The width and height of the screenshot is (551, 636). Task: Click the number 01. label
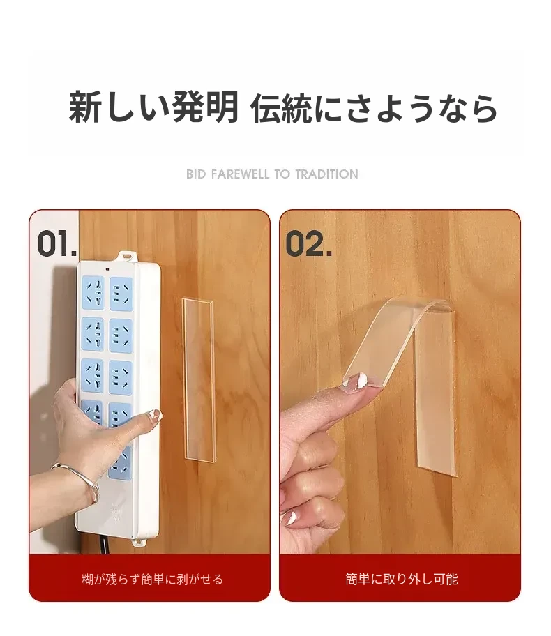point(57,243)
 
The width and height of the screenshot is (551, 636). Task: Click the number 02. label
point(309,243)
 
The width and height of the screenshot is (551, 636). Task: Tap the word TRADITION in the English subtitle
point(326,174)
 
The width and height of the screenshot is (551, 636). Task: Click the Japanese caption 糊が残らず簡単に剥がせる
point(153,579)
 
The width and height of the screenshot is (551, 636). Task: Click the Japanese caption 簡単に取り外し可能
point(402,579)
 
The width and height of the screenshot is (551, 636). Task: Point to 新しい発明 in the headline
point(153,107)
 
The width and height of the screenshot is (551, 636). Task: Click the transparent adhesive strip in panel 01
point(199,380)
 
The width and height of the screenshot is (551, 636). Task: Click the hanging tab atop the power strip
point(126,256)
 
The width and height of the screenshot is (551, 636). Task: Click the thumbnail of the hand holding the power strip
point(156,414)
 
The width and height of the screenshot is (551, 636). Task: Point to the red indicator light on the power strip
point(107,269)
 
